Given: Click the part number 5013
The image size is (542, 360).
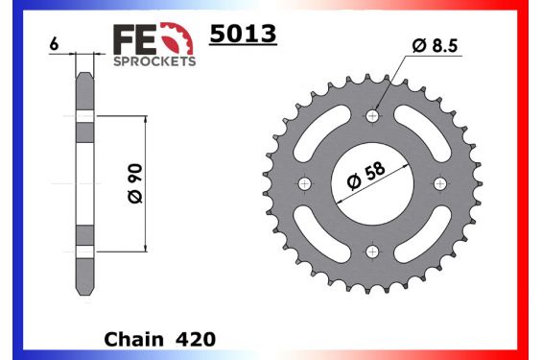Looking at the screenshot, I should click(x=243, y=36).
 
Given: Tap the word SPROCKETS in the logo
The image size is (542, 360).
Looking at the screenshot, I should click(x=154, y=60).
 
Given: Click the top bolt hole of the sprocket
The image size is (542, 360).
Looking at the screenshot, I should click(x=372, y=116).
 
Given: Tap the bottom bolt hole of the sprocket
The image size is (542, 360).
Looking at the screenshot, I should click(x=372, y=251).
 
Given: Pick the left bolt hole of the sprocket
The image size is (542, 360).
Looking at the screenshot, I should click(x=305, y=183).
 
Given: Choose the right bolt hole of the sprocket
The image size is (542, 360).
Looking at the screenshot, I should click(x=439, y=183).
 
